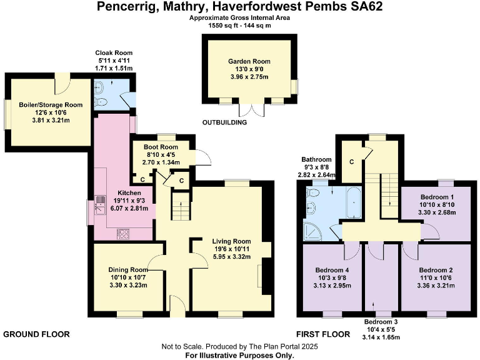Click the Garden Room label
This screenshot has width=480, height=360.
[x=249, y=61]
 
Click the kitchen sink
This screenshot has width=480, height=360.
[x=100, y=202]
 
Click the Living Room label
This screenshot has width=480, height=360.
[x=231, y=241]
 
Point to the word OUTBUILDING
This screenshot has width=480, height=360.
[x=225, y=122]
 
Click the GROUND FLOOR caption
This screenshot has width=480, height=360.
[x=37, y=334]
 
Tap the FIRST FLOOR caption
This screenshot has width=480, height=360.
[x=323, y=334]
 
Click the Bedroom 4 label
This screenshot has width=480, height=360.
[x=333, y=271]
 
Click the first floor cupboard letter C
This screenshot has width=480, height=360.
[x=352, y=162]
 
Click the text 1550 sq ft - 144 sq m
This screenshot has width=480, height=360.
[x=240, y=26]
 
